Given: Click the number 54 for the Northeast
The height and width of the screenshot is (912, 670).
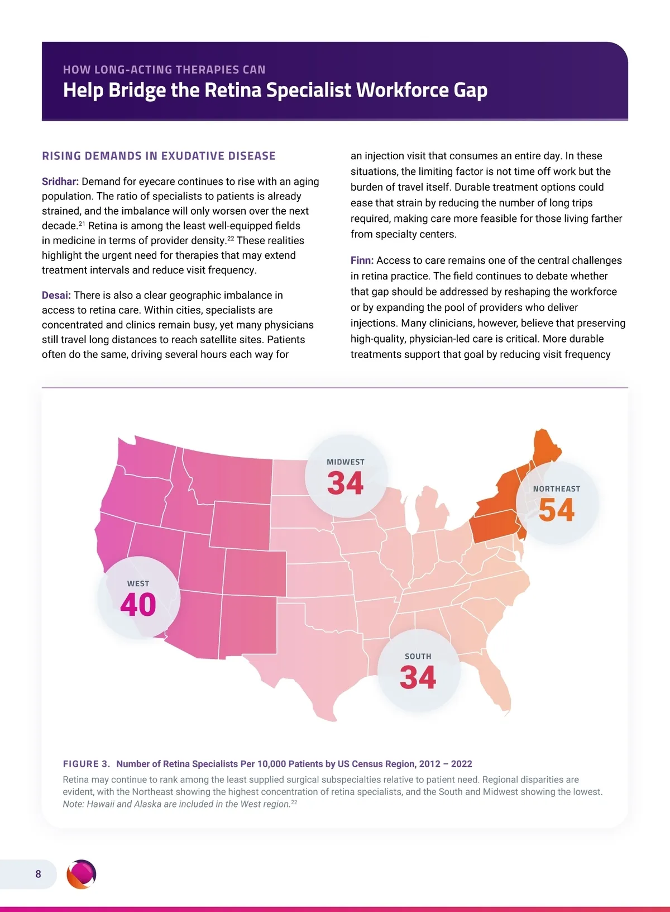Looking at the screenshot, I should coord(557,510).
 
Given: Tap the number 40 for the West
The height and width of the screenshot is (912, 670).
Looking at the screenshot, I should coord(138,605).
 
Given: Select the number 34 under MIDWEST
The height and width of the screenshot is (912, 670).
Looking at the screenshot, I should coord(345,483).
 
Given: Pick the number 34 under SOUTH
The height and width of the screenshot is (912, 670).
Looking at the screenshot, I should coord(418,677).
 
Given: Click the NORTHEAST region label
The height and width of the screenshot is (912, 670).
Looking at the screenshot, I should coord(557,489).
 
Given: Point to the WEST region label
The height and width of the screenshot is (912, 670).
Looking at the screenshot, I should coord(138,583).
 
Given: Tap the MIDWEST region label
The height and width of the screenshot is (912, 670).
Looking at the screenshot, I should coord(345,462).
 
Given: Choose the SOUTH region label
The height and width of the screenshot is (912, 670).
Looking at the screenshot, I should coord(418,657).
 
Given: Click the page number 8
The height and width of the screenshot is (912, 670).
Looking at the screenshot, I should coord(38,874).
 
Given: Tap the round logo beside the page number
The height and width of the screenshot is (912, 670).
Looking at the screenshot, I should coord(82,874).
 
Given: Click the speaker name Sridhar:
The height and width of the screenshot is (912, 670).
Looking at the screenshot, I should coord(60,182).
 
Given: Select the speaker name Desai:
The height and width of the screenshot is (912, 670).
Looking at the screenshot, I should coord(56,295).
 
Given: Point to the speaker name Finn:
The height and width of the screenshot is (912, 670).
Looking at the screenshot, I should coord(362,260).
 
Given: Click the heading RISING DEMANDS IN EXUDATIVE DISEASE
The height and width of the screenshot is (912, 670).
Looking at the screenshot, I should coord(159,156).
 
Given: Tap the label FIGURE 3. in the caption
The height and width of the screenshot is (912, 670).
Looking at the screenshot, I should coord(86,764).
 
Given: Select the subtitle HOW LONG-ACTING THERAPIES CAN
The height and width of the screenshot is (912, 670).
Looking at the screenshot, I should coord(164,70).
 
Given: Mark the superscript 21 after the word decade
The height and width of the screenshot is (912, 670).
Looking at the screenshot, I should coord(82,224).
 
